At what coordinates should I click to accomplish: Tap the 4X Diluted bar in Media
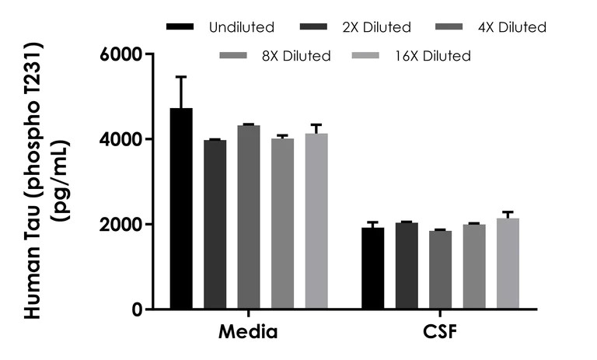pos(249,217)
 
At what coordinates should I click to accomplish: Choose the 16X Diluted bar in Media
pos(316,221)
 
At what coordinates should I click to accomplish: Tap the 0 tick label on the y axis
pos(137,309)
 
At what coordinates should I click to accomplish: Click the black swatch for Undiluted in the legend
pos(180,28)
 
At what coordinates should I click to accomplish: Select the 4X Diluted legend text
pos(510,28)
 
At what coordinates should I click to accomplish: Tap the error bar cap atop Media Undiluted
pos(181,77)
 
